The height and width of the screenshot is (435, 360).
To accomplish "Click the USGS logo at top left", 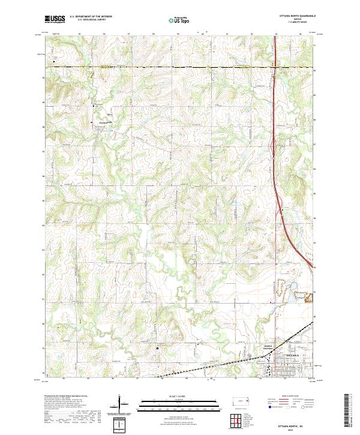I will [x=55, y=20].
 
